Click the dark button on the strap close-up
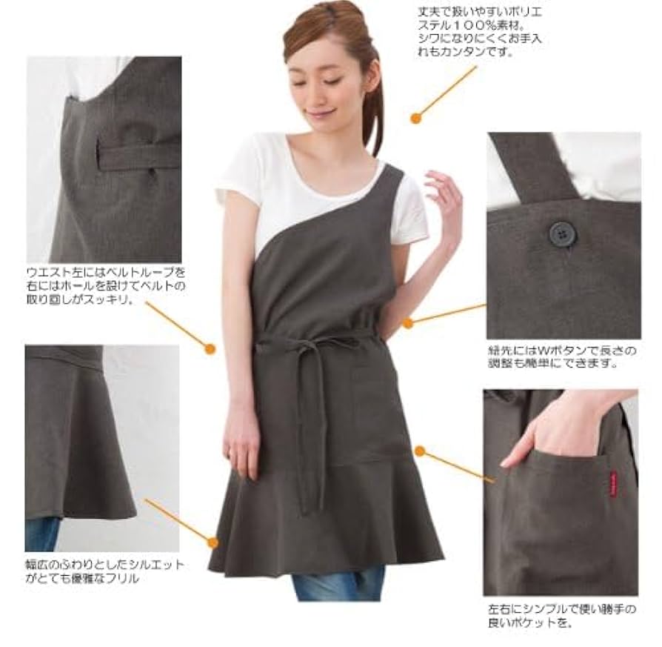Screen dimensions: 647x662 [x=562, y=234]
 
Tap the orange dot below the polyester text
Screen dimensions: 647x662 [x=416, y=117]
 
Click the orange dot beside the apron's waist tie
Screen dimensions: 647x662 [x=210, y=348]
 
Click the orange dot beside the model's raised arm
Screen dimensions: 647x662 [x=407, y=323]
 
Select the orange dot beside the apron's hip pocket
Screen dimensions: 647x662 [x=420, y=451]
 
